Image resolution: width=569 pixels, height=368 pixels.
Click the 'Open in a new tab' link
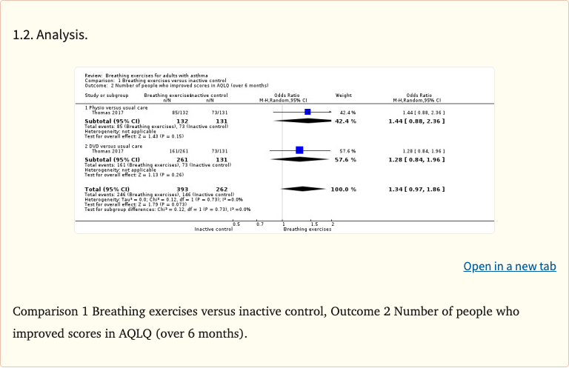point(510,267)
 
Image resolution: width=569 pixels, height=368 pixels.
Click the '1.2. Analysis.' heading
point(50,35)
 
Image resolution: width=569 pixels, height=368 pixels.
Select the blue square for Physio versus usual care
point(307,113)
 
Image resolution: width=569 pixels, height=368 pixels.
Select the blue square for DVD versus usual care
point(299,150)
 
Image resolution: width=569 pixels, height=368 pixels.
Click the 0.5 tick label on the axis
point(236,224)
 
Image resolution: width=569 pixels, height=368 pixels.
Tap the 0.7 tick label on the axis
point(259,224)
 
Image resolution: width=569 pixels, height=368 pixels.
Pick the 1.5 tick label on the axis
point(315,224)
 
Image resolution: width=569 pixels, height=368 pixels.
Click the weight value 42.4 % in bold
point(345,121)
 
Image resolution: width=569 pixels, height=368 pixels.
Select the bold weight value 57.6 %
point(345,159)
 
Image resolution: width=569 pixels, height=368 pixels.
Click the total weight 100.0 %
point(343,190)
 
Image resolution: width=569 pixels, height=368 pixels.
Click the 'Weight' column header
point(344,96)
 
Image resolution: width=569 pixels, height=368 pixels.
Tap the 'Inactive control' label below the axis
point(213,230)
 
